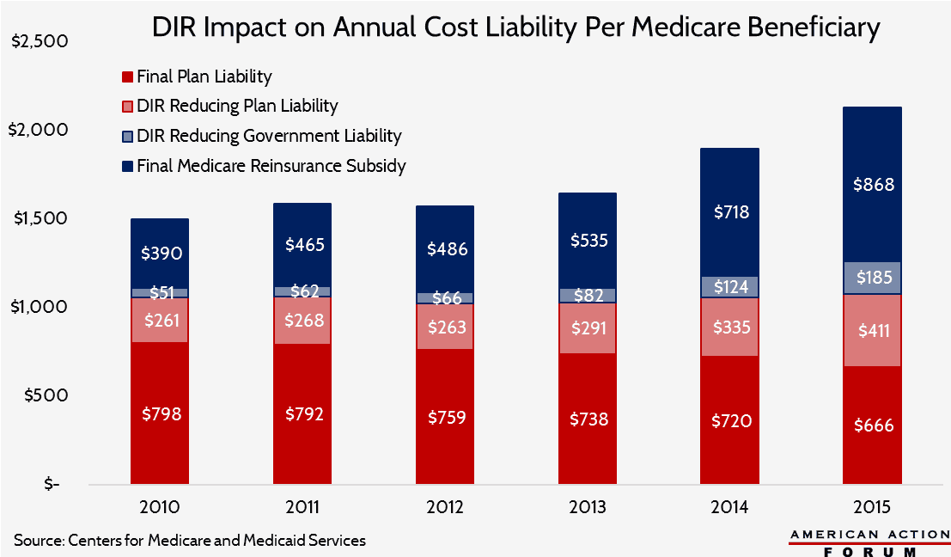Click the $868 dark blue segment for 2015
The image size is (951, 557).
872,184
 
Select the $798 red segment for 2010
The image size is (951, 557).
160,413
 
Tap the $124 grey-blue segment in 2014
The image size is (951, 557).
729,287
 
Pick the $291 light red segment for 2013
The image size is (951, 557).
587,327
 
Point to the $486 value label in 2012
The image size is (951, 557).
444,249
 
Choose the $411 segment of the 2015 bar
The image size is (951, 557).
872,330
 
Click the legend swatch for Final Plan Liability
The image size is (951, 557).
127,77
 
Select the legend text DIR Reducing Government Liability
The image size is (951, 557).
269,136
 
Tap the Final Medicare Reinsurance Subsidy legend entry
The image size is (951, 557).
271,165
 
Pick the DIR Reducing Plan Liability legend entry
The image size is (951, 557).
237,107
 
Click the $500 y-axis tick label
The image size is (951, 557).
41,395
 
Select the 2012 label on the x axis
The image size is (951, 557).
444,506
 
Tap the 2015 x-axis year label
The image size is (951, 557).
872,506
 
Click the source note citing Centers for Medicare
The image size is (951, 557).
190,540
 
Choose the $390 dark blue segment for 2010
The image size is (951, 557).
160,253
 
